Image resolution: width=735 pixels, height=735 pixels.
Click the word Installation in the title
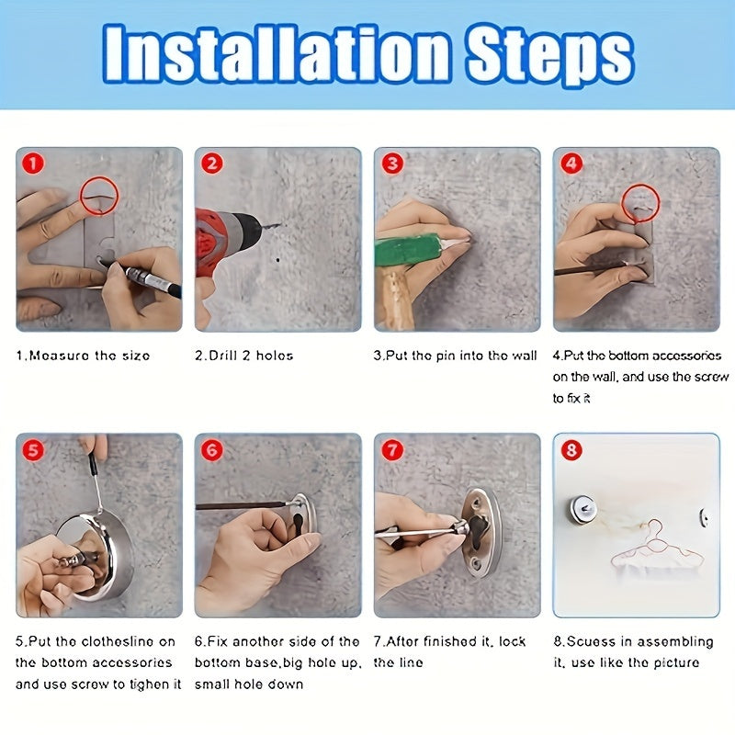click(277, 54)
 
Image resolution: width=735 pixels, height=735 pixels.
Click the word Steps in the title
click(549, 56)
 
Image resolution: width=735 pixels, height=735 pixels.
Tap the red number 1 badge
click(33, 164)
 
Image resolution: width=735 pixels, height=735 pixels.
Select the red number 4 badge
click(571, 164)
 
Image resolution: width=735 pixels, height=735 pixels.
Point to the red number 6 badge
click(212, 450)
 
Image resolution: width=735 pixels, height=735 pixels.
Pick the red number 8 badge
click(571, 450)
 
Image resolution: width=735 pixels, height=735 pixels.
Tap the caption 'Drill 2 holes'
click(244, 356)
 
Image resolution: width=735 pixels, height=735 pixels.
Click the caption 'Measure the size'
click(83, 356)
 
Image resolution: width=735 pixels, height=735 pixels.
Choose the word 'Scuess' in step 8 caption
click(588, 641)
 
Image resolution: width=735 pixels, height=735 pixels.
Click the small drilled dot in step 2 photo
click(277, 259)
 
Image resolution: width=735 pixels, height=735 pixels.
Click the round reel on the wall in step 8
click(582, 510)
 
